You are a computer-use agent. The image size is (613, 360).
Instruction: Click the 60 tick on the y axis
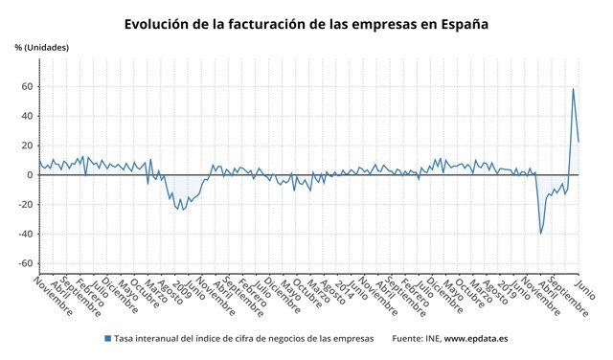pyautogui.click(x=28, y=87)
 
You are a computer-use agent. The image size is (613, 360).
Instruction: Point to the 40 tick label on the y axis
pyautogui.click(x=28, y=117)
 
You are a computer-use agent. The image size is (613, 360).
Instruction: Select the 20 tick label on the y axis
pyautogui.click(x=28, y=146)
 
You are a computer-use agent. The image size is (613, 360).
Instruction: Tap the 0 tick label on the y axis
pyautogui.click(x=31, y=175)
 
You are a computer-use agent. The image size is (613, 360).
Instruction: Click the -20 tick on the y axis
pyautogui.click(x=26, y=205)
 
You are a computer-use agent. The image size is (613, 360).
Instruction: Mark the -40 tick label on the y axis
pyautogui.click(x=26, y=235)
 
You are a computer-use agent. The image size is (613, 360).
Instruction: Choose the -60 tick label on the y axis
pyautogui.click(x=26, y=264)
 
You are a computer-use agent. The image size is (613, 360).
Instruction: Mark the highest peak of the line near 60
pyautogui.click(x=573, y=89)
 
